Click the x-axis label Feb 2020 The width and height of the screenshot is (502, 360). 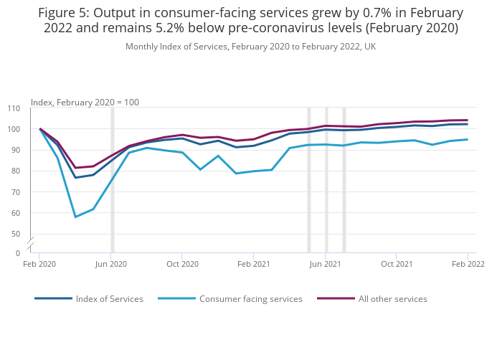39,264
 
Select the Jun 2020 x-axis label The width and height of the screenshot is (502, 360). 111,264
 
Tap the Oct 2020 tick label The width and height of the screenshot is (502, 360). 182,264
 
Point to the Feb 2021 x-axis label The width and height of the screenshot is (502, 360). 253,264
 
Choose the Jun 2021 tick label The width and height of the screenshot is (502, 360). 326,264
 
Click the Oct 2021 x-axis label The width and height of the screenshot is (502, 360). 397,264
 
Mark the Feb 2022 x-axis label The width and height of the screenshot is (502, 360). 468,264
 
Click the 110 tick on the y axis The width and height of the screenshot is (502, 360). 14,108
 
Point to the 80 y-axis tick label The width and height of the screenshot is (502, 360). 16,171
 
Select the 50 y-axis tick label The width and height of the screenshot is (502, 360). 16,234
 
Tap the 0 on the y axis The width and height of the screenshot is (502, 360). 18,253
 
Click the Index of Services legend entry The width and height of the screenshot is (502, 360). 109,299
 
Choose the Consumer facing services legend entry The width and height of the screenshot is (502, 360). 250,299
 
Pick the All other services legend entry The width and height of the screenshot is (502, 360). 392,299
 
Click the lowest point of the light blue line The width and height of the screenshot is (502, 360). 75,217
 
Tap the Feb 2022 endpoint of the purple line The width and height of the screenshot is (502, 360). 468,120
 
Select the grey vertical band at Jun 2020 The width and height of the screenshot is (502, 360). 112,179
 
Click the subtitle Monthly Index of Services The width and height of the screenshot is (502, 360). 250,47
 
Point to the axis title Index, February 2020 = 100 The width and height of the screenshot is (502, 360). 85,103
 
